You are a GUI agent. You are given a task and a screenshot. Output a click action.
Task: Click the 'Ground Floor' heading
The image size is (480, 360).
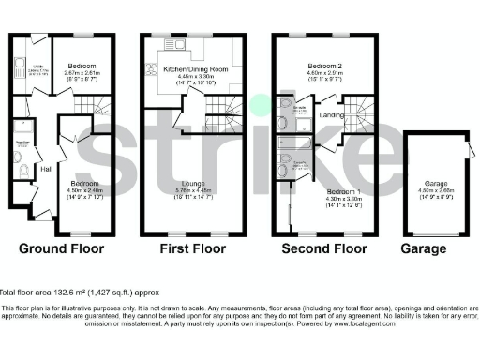(62, 250)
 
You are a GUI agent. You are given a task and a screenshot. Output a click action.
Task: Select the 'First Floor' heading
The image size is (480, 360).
(193, 250)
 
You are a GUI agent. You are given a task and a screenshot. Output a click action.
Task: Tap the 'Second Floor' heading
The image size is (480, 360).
(324, 250)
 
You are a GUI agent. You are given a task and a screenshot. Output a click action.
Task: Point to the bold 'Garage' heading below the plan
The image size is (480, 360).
(424, 250)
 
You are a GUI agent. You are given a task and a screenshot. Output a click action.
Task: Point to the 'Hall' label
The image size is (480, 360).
(45, 170)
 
